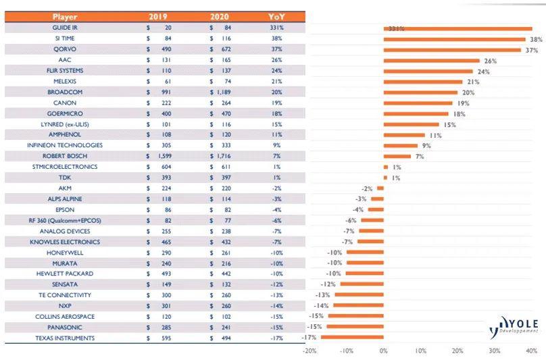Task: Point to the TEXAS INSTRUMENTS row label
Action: coord(66,338)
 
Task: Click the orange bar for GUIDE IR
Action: coord(457,28)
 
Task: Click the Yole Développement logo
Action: coord(515,326)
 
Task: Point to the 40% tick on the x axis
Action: coord(531,351)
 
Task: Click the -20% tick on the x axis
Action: coord(309,351)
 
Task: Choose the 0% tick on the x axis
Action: coord(383,351)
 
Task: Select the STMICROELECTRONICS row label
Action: coord(65,167)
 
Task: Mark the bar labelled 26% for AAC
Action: coord(431,61)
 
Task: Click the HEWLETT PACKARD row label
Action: coord(65,274)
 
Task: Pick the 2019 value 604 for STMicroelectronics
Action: coord(165,167)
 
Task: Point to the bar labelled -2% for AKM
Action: coord(380,188)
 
